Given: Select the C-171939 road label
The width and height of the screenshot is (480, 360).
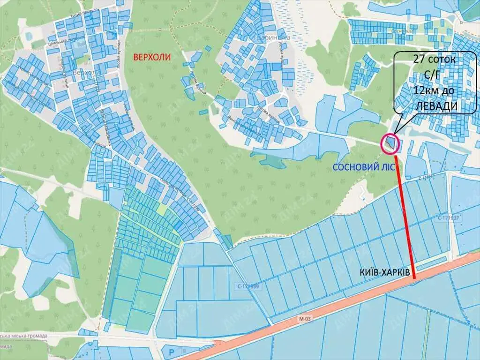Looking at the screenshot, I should pyautogui.click(x=248, y=285).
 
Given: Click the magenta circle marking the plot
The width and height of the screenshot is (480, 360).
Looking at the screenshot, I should pyautogui.click(x=390, y=143).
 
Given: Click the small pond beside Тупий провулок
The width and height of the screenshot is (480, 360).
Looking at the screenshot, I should pyautogui.click(x=29, y=35).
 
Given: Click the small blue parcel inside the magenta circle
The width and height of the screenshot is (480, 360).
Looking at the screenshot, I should pyautogui.click(x=390, y=142).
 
